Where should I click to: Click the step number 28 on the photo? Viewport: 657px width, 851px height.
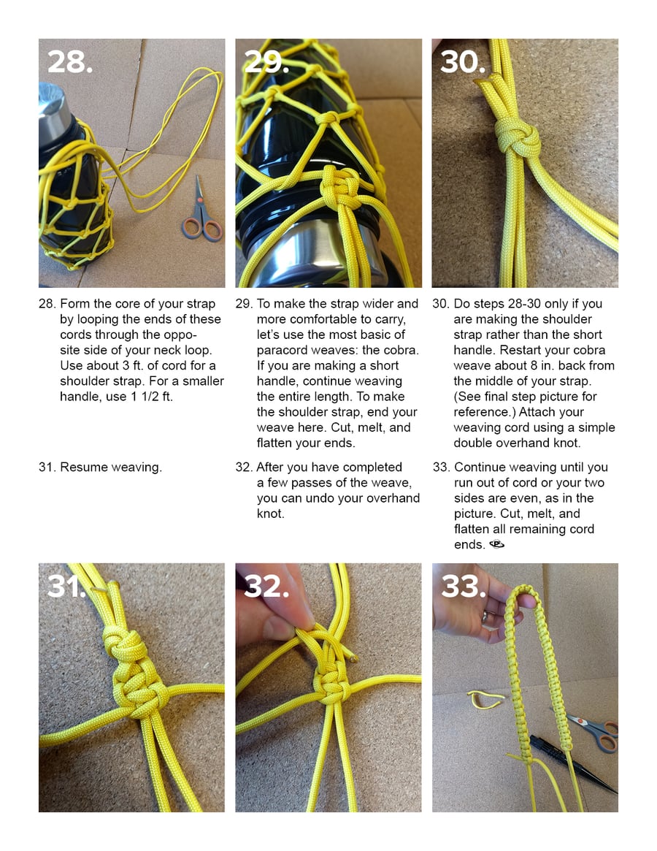click(x=70, y=61)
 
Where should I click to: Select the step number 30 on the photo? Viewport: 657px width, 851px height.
click(x=463, y=61)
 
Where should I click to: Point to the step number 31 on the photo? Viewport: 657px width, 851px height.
click(x=66, y=585)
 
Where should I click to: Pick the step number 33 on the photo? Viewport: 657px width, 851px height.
click(x=463, y=585)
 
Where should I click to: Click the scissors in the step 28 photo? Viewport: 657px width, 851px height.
click(x=201, y=211)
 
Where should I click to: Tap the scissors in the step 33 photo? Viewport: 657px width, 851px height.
click(x=595, y=731)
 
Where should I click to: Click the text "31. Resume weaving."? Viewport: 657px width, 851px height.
click(x=100, y=468)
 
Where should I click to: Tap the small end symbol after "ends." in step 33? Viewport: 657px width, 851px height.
click(x=496, y=545)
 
